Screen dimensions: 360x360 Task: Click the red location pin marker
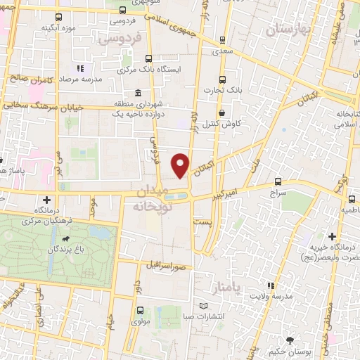[181, 165]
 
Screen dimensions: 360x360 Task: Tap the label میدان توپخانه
[148, 199]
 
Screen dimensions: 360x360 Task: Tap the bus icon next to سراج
[278, 181]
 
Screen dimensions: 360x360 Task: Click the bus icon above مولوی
[139, 311]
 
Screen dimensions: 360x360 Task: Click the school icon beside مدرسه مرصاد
[79, 68]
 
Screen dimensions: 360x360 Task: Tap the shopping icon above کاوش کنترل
[222, 112]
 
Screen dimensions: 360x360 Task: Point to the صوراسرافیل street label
[166, 268]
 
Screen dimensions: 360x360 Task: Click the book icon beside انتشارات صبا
[204, 306]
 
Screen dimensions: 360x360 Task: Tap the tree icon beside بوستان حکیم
[274, 338]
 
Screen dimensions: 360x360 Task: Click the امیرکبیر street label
[229, 191]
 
